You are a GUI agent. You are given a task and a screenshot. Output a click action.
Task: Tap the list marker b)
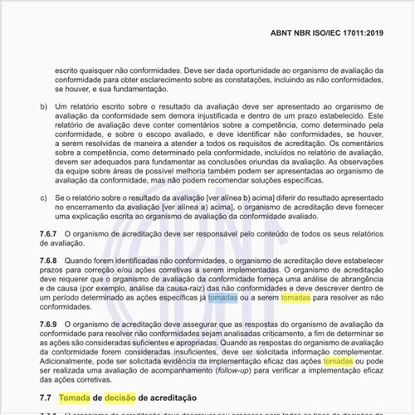coord(44,107)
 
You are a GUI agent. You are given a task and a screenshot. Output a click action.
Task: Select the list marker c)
coord(44,198)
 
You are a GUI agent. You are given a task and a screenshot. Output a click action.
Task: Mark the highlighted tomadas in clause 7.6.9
coord(338,363)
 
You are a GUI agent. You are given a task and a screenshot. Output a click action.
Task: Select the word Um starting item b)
coord(60,107)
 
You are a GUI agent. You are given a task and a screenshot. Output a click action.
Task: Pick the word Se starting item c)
coord(60,198)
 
